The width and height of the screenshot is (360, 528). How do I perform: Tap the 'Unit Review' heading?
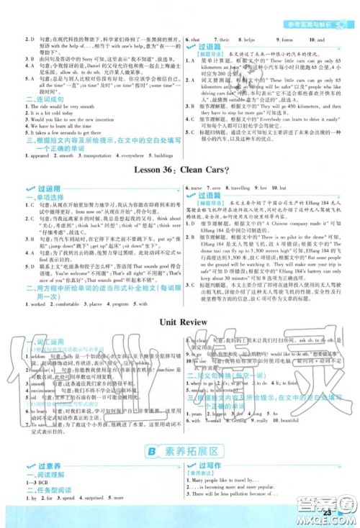click(179, 322)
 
